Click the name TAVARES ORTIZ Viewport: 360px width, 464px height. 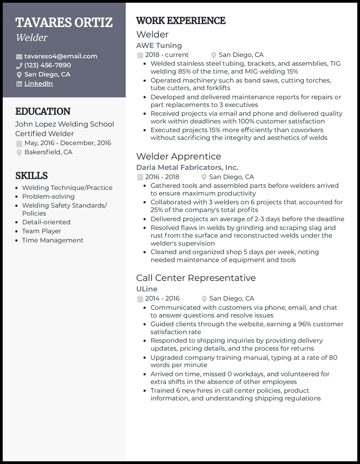tap(64, 22)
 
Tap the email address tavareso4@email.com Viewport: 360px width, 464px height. tap(61, 56)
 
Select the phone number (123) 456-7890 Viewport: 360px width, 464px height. tap(48, 65)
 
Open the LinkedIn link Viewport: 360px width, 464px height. tap(39, 84)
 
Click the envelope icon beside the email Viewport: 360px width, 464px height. tap(19, 57)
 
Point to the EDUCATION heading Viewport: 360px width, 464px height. tap(43, 112)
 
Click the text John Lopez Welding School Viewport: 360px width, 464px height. tap(64, 124)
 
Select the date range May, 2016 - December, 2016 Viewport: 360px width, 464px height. tap(67, 143)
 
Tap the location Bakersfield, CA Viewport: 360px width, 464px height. tap(48, 152)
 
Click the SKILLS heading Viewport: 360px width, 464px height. tap(31, 175)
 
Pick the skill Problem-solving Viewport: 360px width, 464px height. tap(48, 196)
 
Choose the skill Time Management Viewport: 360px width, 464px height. tap(53, 240)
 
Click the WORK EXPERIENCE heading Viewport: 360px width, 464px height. tap(180, 21)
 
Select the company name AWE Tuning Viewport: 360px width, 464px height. tap(159, 45)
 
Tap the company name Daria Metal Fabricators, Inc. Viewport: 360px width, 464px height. tap(187, 167)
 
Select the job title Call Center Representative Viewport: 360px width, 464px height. tap(196, 278)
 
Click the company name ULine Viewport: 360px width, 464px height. tap(147, 289)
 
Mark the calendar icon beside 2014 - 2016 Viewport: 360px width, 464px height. tap(140, 299)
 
